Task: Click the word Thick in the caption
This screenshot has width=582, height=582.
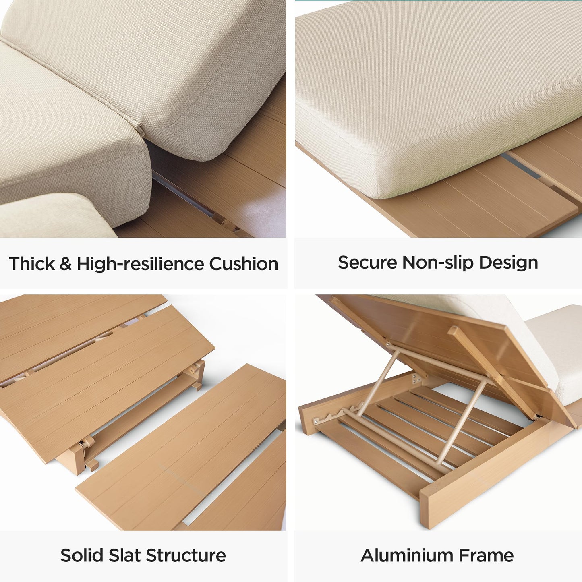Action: [32, 264]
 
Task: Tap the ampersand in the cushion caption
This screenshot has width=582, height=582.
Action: [66, 264]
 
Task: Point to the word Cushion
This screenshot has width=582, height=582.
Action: [243, 264]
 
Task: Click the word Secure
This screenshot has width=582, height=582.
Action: [367, 262]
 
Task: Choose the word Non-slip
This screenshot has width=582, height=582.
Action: [438, 263]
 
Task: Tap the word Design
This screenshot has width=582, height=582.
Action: [509, 263]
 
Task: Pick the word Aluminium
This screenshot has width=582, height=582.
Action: [406, 555]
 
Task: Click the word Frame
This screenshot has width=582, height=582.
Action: [486, 555]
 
